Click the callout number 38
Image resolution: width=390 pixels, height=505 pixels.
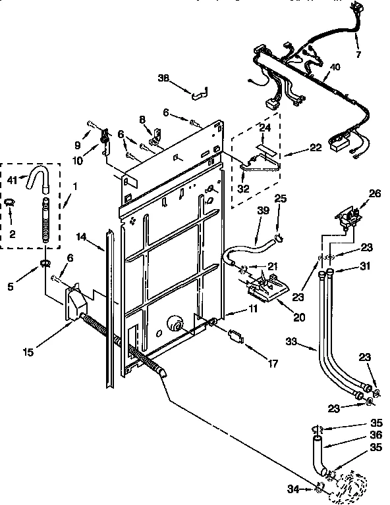pos(163,78)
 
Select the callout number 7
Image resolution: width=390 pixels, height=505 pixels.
pos(358,55)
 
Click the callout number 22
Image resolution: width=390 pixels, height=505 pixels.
pos(317,148)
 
